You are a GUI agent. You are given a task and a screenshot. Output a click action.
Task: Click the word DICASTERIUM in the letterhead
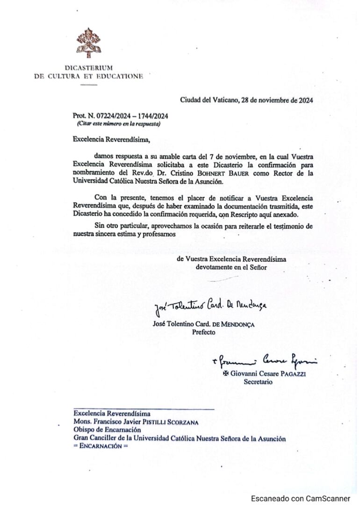pos(88,68)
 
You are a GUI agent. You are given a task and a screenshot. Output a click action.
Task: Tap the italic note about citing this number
pos(119,124)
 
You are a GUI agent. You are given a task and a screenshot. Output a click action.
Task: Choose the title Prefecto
pos(204,332)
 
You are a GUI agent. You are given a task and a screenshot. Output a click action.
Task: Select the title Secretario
pos(258,381)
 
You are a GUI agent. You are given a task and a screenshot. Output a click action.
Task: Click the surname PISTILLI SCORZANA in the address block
pos(167,422)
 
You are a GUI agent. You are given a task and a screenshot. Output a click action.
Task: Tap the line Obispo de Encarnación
pos(107,430)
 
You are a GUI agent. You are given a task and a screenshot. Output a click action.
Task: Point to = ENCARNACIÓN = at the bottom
pos(101,446)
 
